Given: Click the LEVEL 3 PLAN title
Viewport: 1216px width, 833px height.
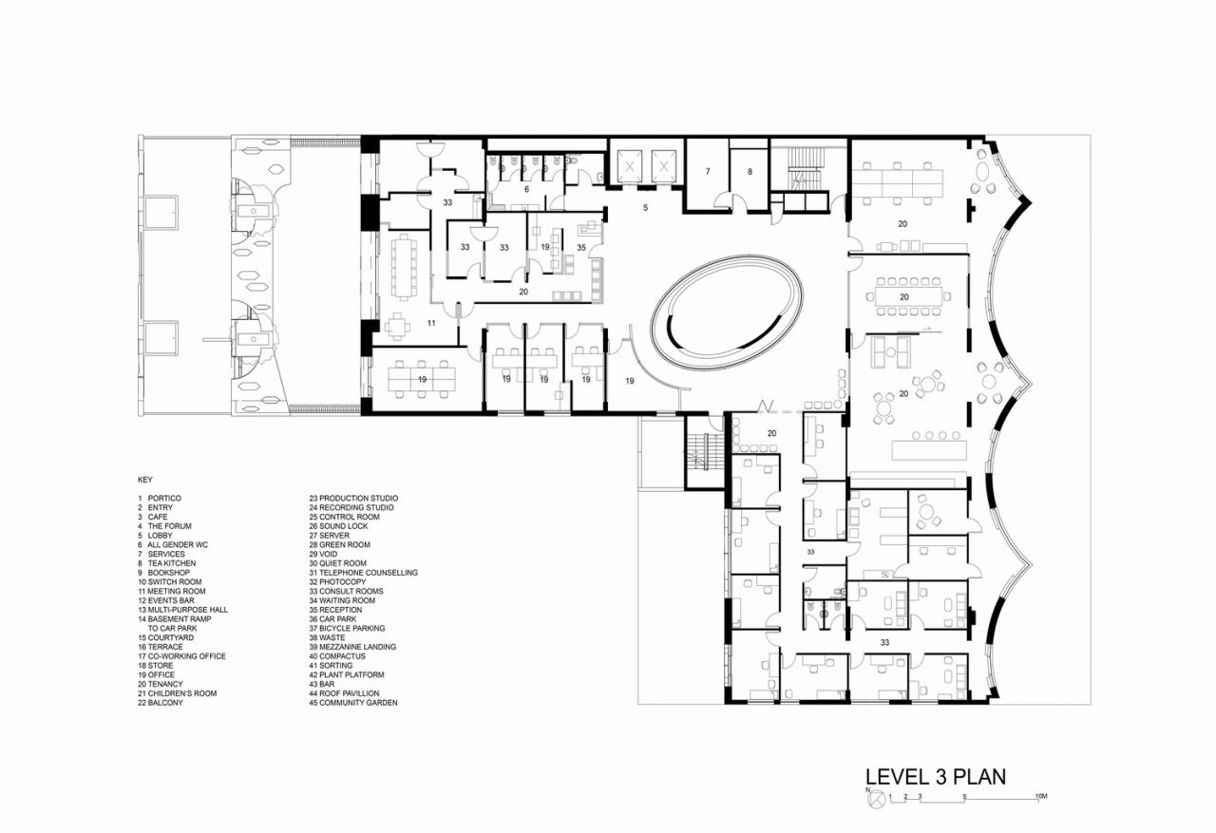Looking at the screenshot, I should [935, 776].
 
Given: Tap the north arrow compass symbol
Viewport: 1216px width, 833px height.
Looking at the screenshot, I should [875, 801].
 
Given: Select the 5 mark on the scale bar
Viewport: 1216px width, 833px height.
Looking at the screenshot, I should [964, 795].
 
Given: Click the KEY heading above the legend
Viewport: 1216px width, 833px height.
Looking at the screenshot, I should [144, 480].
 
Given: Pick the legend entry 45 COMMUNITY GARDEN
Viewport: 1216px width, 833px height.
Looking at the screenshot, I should [352, 703].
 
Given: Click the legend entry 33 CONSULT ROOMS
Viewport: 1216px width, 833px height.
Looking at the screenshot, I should [346, 591].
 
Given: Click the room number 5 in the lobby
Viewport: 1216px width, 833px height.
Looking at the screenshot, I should [645, 206].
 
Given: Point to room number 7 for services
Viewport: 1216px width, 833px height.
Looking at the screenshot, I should [708, 172].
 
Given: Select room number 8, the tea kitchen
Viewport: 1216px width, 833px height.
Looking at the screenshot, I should [749, 172].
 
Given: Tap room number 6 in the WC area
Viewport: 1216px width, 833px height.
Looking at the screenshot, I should [526, 189].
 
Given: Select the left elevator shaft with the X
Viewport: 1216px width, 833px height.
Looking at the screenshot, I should [628, 165].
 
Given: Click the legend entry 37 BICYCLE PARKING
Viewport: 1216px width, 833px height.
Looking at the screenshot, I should [347, 628].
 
